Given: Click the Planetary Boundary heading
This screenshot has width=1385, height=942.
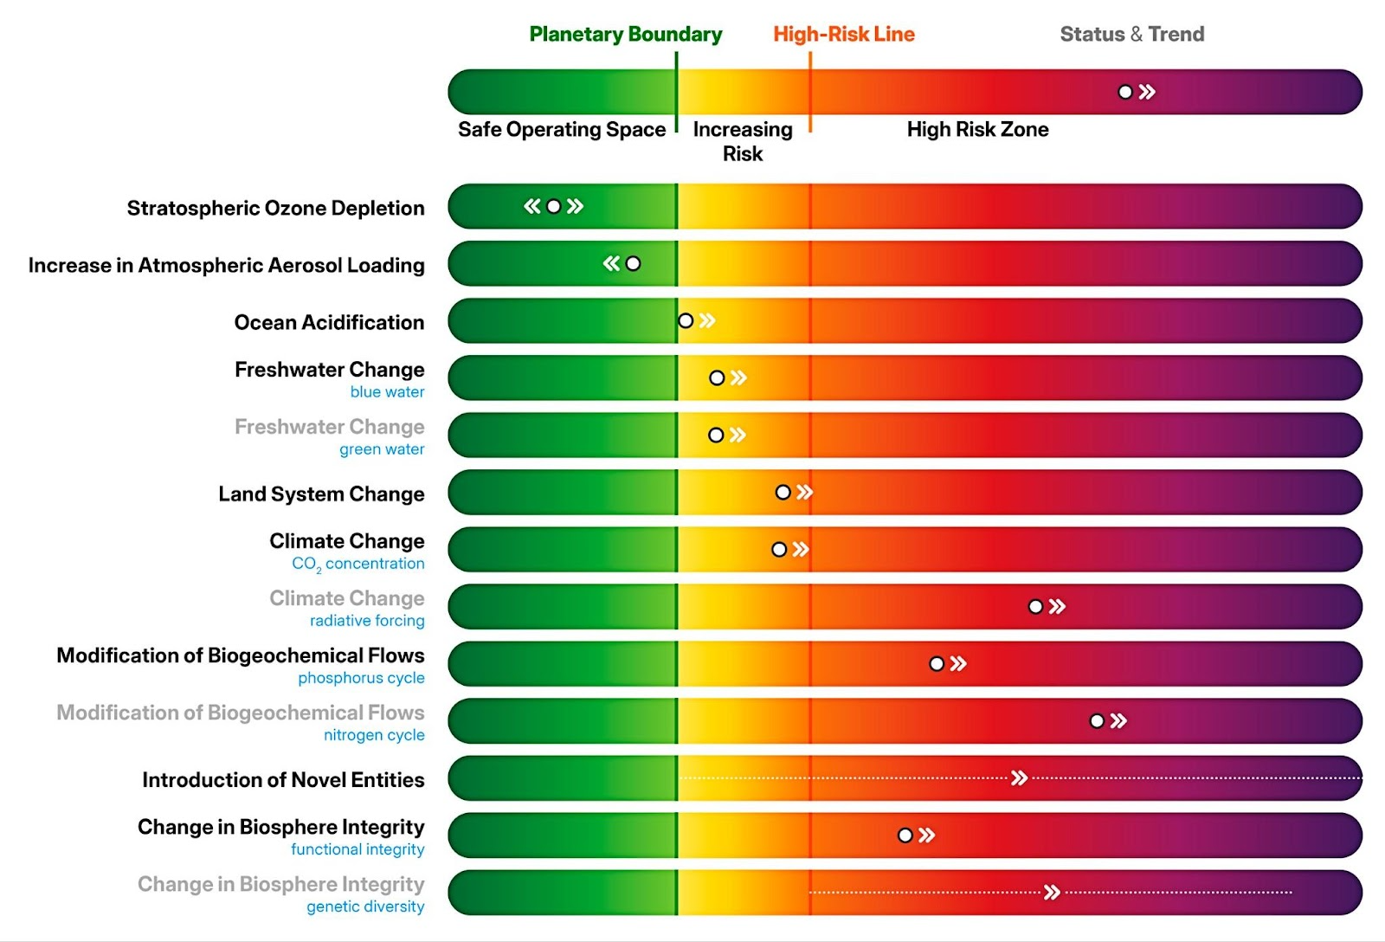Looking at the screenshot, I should (625, 35).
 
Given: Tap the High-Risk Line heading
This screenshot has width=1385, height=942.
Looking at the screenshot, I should (843, 35).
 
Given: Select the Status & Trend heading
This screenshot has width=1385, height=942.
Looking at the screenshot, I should (1131, 35).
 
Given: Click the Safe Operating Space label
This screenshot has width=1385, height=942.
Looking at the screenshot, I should (562, 130).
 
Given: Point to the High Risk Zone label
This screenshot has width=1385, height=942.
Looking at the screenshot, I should (977, 130).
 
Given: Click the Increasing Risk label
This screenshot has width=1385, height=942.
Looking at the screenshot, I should (743, 141).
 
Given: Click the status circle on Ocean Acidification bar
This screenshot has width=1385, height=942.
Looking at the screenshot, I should (686, 321).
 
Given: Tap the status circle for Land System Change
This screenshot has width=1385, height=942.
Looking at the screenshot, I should (783, 493).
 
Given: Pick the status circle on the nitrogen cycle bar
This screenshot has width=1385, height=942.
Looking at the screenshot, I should (1097, 721).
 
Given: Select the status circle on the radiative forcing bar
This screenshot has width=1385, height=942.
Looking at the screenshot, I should (1035, 607).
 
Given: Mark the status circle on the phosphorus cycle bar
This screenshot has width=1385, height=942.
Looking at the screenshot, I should (937, 664).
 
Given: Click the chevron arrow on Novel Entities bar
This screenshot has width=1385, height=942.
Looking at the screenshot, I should (1020, 778).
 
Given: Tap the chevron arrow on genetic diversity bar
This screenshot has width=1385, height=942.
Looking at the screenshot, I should (1052, 893).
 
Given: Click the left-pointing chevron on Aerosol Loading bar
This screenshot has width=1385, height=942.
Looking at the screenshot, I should (612, 263).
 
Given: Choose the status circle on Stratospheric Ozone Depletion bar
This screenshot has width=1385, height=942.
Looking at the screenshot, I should (554, 206).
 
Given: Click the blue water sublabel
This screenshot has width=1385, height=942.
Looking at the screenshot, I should (387, 392).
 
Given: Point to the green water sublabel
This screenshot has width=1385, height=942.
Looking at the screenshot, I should (382, 449).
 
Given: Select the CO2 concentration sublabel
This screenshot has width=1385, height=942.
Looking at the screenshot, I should (358, 564).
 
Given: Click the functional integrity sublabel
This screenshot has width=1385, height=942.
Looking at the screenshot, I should (358, 849).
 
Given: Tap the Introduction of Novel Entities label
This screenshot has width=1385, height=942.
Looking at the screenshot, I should (283, 780).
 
